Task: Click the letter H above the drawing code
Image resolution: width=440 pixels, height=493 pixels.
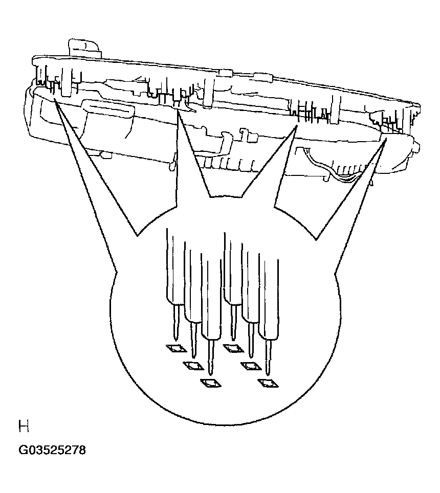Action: tap(24, 427)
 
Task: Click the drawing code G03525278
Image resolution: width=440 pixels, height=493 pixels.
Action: tap(52, 450)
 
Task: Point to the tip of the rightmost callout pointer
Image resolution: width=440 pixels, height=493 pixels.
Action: tap(386, 139)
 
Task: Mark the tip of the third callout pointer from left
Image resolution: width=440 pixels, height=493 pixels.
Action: tap(297, 126)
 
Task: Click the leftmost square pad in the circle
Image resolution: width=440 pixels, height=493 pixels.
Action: tap(176, 348)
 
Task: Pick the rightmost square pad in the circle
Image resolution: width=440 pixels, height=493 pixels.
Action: tap(268, 383)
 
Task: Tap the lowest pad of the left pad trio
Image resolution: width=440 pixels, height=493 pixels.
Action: tap(211, 383)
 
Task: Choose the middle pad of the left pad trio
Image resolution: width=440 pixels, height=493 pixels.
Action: tap(193, 365)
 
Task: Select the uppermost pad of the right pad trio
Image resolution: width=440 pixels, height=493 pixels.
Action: tap(233, 348)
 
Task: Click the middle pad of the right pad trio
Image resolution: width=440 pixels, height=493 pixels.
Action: tap(251, 366)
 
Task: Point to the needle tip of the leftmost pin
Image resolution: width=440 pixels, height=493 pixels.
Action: tap(176, 341)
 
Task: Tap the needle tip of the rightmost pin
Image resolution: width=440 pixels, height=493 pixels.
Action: tap(268, 375)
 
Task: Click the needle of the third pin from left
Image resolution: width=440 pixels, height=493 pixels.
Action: tap(211, 358)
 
